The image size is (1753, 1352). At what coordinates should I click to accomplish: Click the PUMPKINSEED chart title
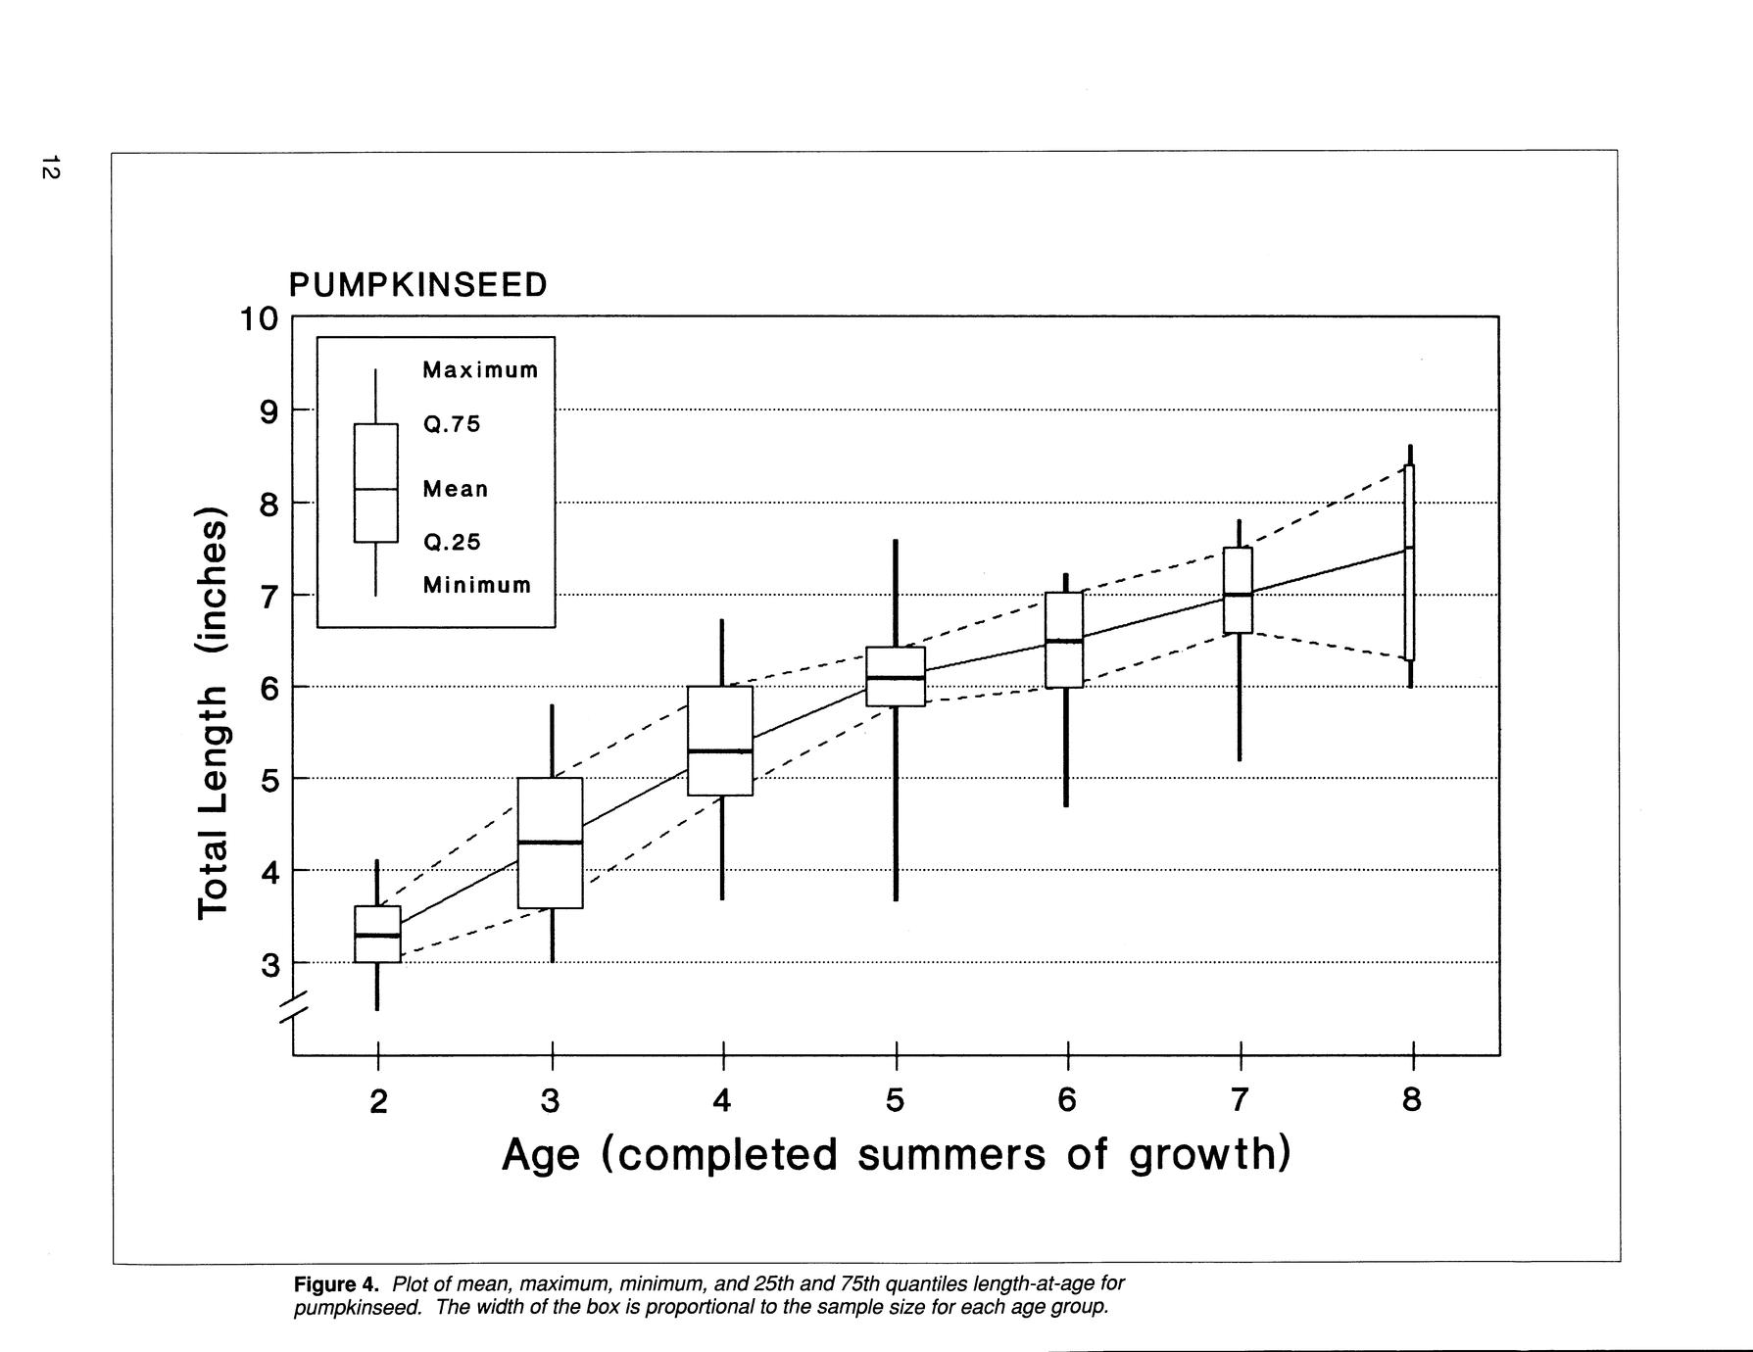(417, 285)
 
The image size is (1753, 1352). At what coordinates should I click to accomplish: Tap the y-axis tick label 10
(259, 319)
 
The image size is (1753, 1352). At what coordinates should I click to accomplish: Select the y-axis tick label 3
(269, 965)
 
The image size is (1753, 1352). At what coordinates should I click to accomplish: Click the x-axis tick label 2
(378, 1101)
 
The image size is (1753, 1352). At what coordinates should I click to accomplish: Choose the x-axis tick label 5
(895, 1101)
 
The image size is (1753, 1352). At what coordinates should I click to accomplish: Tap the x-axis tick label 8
(1411, 1100)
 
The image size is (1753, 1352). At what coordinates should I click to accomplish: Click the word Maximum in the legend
(480, 370)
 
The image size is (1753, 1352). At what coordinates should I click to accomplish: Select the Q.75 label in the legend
(452, 425)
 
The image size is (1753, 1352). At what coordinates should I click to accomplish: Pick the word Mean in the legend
(456, 489)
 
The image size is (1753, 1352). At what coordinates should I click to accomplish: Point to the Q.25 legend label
(452, 543)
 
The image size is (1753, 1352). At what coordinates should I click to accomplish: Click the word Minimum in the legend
(477, 586)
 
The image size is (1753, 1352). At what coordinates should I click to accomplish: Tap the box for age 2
(377, 934)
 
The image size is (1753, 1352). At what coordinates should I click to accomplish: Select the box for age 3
(550, 843)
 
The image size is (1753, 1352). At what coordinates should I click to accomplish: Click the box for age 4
(720, 741)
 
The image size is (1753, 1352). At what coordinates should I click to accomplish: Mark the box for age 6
(1064, 640)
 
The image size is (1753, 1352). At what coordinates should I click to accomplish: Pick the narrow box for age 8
(1409, 562)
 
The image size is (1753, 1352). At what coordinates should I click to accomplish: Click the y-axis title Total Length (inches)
(213, 713)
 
